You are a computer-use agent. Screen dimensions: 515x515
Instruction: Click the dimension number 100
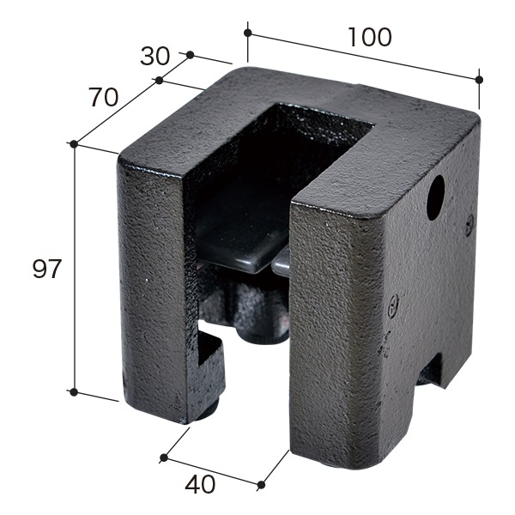click(x=369, y=37)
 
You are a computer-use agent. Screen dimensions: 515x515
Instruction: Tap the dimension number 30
click(x=154, y=56)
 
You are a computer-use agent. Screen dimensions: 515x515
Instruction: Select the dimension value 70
click(x=103, y=98)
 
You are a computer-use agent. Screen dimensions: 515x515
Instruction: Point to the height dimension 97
click(x=47, y=269)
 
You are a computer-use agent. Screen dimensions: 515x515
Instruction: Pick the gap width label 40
click(x=200, y=484)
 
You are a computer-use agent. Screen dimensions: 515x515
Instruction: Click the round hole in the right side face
click(x=435, y=197)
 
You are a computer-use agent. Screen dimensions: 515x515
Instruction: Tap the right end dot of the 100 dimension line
click(x=479, y=80)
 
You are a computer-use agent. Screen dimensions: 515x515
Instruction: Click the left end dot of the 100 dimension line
click(x=248, y=33)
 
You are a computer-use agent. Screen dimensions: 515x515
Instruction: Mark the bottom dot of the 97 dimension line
click(x=74, y=392)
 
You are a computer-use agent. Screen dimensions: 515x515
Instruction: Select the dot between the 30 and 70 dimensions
click(x=159, y=80)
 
